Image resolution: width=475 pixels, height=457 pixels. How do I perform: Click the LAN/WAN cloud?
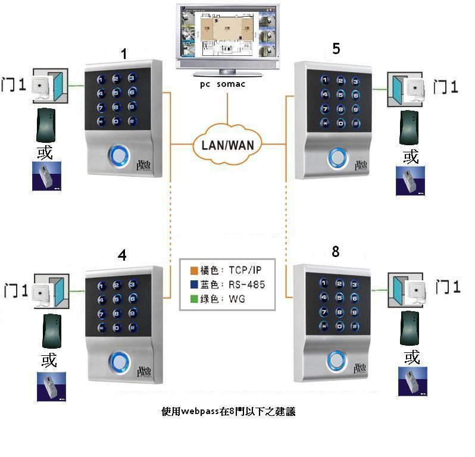pos(228,143)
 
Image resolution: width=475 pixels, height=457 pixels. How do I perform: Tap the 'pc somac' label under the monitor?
pos(223,85)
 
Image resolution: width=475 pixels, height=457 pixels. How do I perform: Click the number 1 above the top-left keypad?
pos(124,54)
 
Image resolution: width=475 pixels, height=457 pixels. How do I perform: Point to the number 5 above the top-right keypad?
pos(336,49)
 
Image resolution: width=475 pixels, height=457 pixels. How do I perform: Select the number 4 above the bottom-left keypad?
pos(122,255)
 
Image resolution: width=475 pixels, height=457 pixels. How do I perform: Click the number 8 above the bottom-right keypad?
pos(336,252)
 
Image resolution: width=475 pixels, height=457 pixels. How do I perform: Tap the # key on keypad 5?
pos(356,124)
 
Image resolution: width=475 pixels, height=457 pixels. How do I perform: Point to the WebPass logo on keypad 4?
pos(145,372)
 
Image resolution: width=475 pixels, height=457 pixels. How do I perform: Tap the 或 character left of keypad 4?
pos(49,359)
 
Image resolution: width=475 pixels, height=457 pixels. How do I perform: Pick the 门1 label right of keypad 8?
pos(448,287)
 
